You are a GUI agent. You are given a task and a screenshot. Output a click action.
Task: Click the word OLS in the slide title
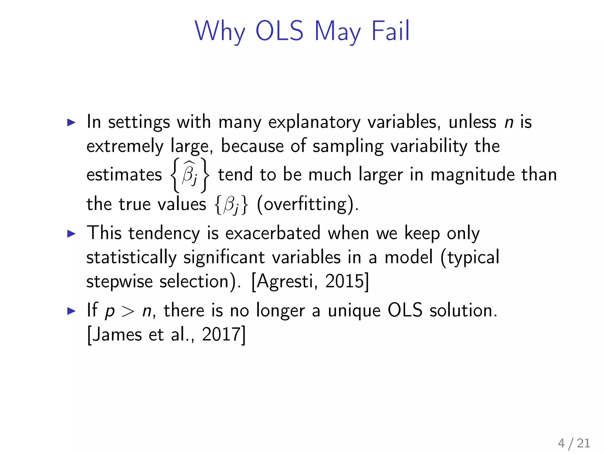[279, 31]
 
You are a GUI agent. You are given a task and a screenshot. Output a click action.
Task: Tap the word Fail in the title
[390, 31]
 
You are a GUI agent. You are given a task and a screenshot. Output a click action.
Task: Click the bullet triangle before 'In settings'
[71, 122]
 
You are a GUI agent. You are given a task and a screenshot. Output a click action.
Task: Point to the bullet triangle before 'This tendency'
[71, 234]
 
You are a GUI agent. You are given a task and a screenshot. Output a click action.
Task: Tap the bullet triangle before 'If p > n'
[71, 311]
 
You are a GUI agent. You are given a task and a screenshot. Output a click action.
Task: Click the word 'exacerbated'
[273, 233]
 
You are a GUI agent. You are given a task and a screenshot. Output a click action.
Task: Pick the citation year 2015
[344, 281]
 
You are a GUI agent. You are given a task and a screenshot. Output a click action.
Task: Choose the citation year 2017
[221, 335]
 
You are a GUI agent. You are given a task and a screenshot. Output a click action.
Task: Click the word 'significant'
[224, 257]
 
